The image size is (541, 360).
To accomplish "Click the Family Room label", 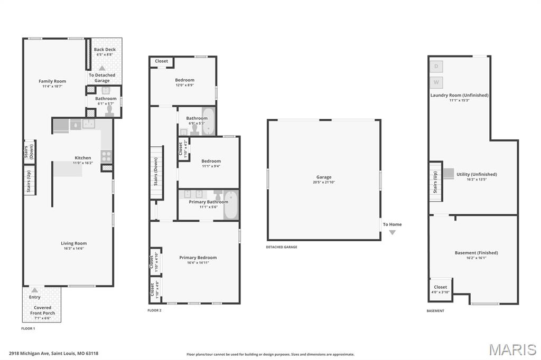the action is pos(52,81).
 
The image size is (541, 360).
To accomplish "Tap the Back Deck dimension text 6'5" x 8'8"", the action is pos(105,54).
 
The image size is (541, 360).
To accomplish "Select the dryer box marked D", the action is pos(436,67).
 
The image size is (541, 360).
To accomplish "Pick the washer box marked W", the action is pos(436,82).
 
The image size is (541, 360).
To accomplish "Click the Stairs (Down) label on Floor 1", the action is pos(29,151).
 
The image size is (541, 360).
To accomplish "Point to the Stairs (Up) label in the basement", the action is pos(435,182).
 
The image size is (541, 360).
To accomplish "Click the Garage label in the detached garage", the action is pos(324,177).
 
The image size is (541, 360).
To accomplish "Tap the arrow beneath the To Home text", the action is pos(393,232).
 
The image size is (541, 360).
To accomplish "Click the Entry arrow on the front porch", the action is pos(34,290).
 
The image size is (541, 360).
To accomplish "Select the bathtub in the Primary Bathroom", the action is pos(230,205).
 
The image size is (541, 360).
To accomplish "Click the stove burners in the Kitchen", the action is pos(106,156).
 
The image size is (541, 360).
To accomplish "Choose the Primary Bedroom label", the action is pos(198,258).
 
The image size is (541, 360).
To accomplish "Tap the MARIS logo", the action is pos(512,349).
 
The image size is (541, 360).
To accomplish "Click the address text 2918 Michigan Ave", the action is pos(30,354).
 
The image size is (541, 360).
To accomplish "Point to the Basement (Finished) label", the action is pos(476,253).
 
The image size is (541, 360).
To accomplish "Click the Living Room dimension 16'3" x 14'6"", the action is pos(73,248).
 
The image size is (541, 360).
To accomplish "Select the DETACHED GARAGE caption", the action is pos(282,247).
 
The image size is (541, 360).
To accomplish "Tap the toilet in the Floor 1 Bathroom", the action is pos(110,110).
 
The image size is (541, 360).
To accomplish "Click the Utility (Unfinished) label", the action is pos(477,175).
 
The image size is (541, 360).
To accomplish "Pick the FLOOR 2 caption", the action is pos(154,310).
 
